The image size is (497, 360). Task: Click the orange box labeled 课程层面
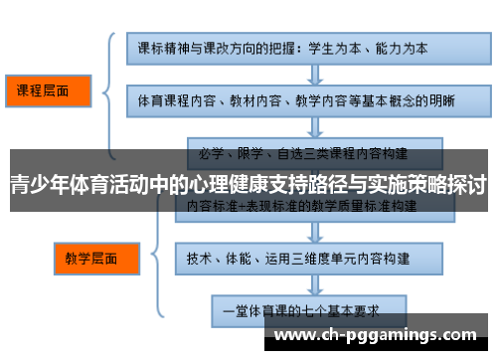coord(44,90)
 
